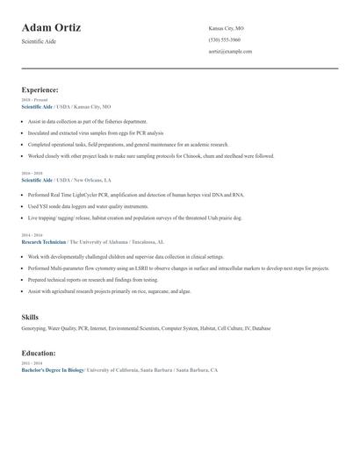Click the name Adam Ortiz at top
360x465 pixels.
pyautogui.click(x=51, y=27)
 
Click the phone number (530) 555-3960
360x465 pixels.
pyautogui.click(x=225, y=39)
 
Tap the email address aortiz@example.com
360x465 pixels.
pyautogui.click(x=230, y=51)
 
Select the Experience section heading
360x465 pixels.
pyautogui.click(x=40, y=89)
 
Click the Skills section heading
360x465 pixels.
pyautogui.click(x=30, y=317)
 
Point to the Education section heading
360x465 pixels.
pyautogui.click(x=39, y=353)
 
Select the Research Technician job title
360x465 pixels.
pyautogui.click(x=44, y=241)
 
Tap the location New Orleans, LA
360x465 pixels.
pyautogui.click(x=90, y=180)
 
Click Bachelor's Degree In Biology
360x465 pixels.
pyautogui.click(x=53, y=370)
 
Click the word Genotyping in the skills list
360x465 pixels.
pyautogui.click(x=35, y=328)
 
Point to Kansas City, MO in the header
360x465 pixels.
pyautogui.click(x=227, y=28)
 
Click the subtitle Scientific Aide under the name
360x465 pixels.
pyautogui.click(x=39, y=41)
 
